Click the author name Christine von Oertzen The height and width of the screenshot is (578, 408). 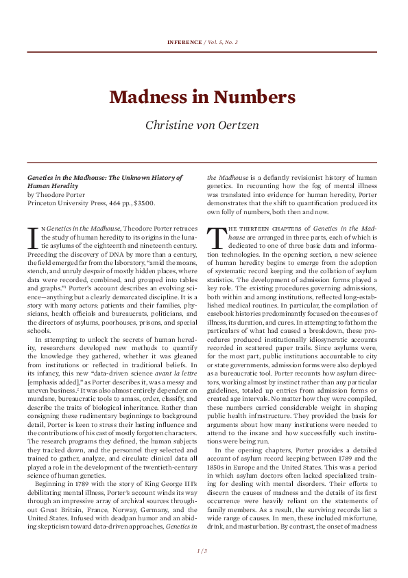tap(204, 125)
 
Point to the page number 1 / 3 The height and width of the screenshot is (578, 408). tap(203, 551)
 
